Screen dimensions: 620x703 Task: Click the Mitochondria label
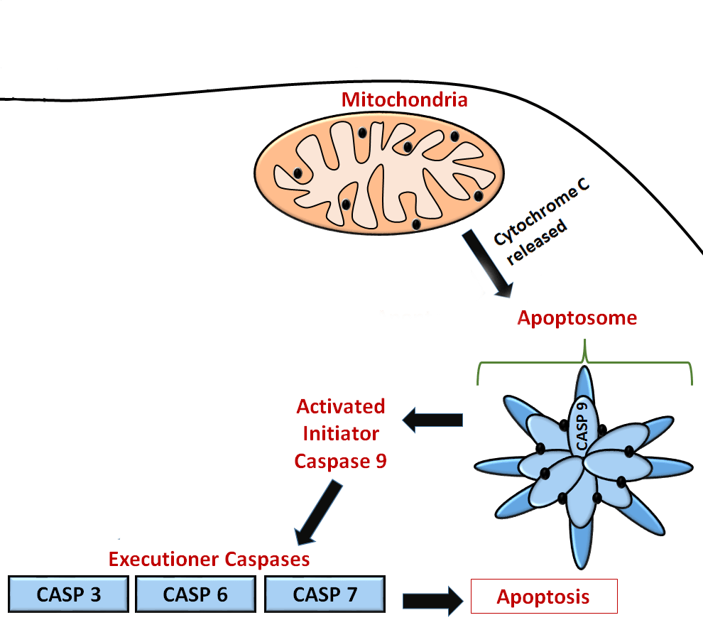click(404, 99)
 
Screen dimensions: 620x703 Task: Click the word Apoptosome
click(577, 318)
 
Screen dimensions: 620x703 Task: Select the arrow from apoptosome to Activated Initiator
click(433, 421)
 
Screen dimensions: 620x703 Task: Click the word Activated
click(341, 407)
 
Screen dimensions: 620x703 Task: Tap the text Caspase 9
click(341, 461)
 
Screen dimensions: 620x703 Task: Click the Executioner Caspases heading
click(209, 559)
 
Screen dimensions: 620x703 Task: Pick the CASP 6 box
click(195, 594)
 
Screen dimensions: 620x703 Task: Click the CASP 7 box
click(325, 594)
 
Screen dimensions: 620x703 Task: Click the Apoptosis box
click(544, 597)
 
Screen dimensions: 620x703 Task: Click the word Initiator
click(341, 434)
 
